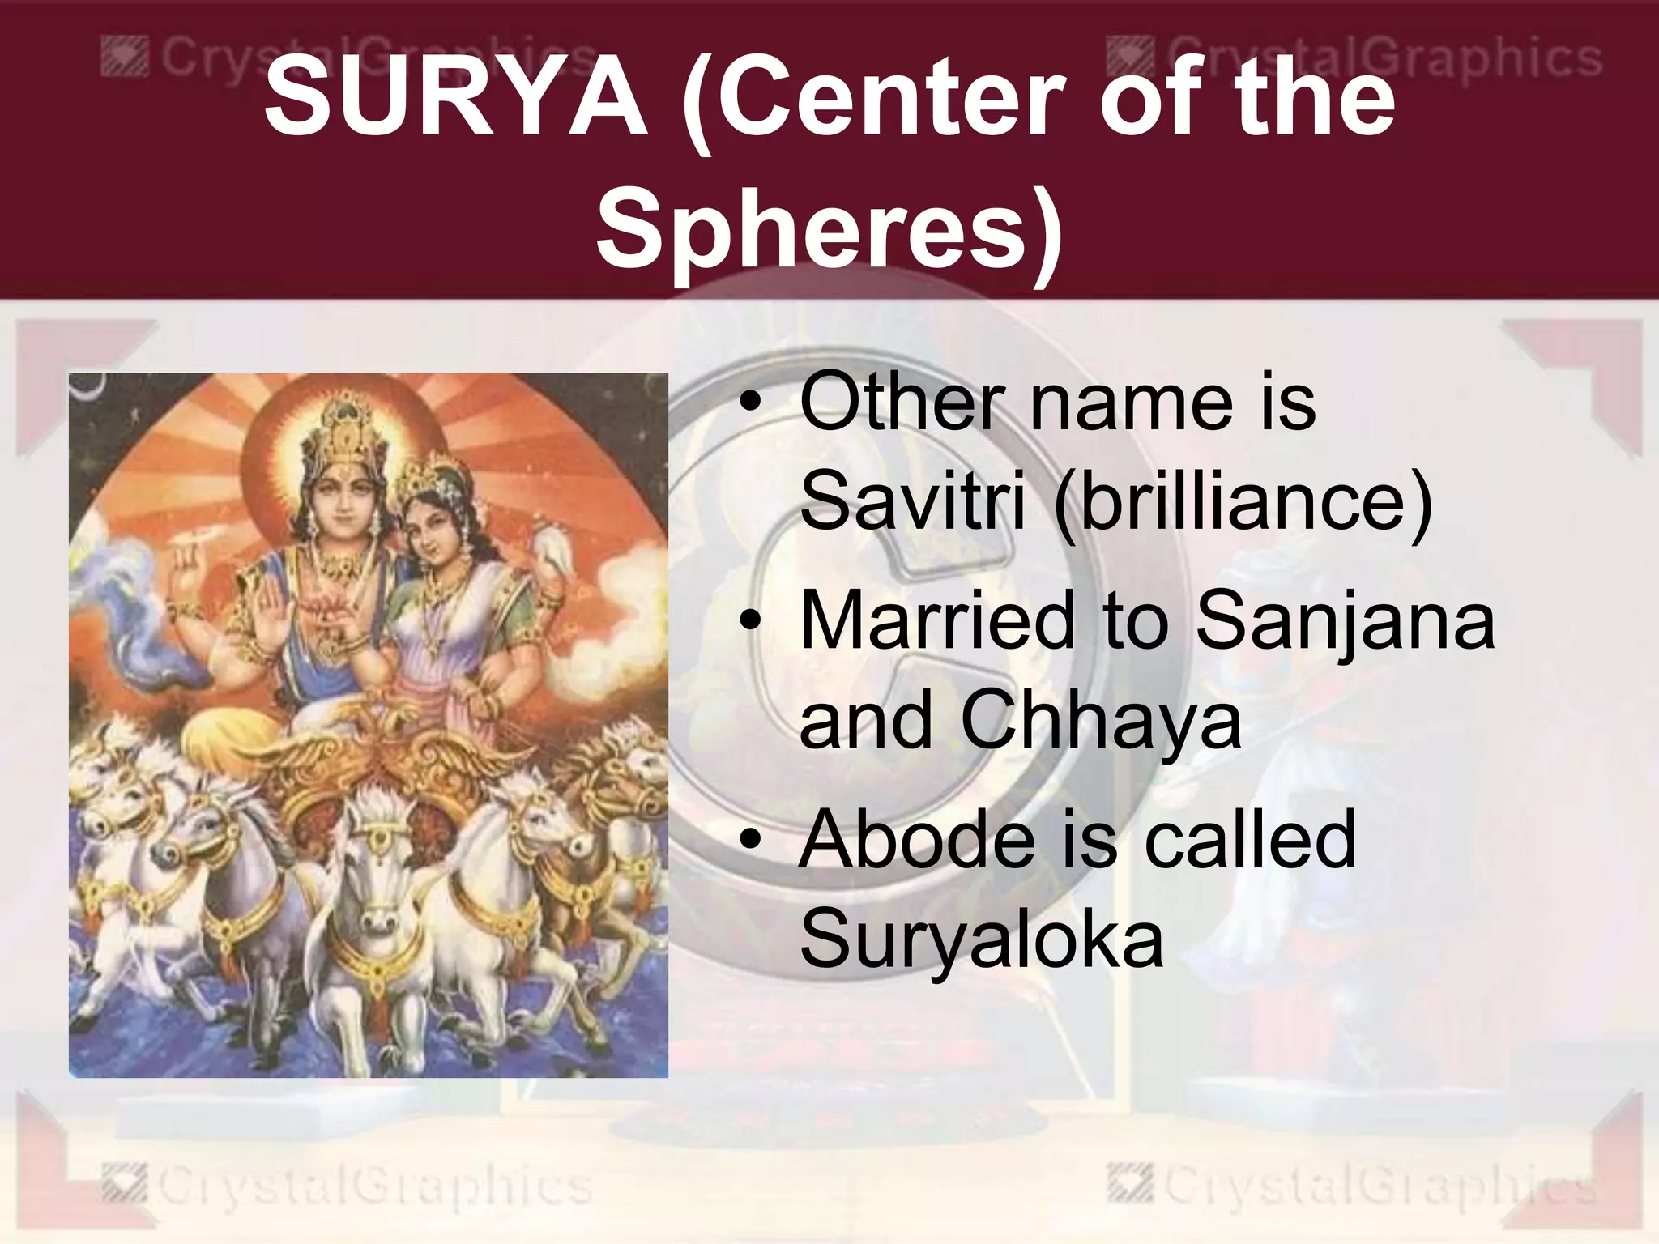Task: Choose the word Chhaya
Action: tap(1100, 719)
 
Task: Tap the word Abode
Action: tap(916, 839)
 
